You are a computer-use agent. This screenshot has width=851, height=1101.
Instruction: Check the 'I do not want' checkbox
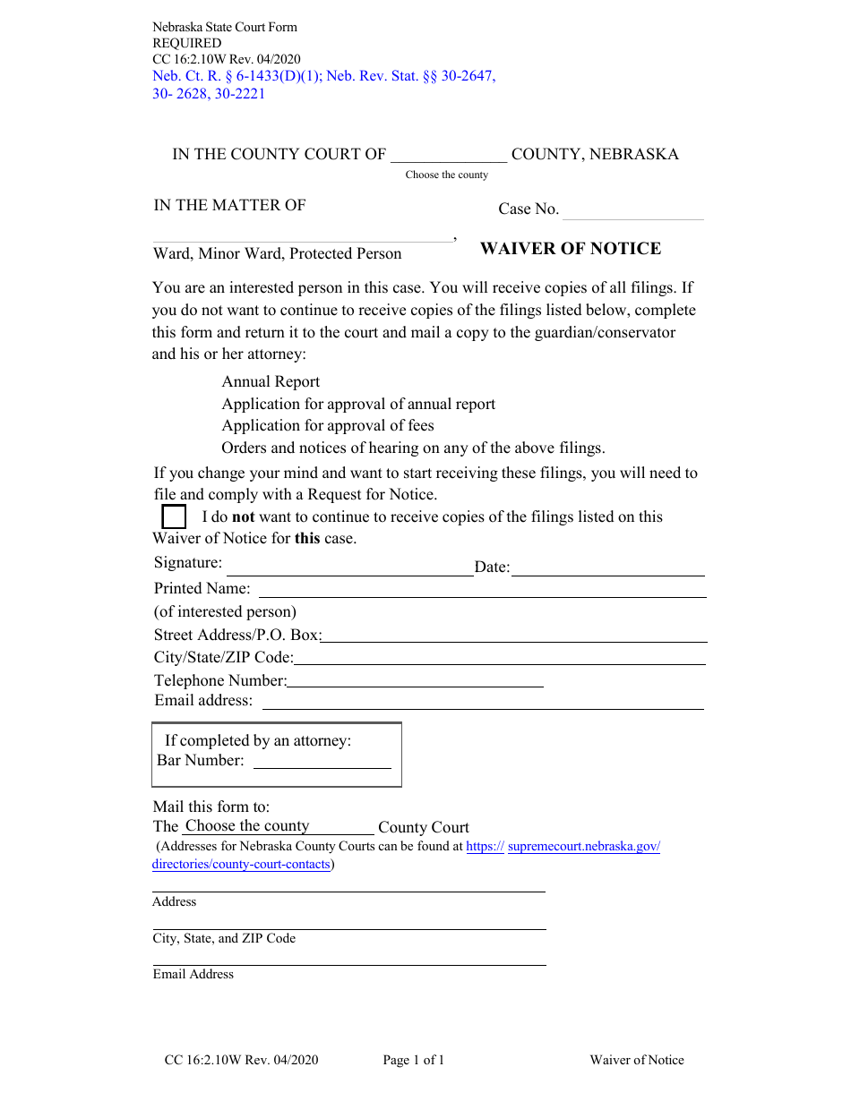(174, 517)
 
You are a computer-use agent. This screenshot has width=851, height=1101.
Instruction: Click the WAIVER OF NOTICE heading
(571, 249)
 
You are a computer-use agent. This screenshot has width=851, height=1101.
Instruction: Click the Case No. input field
(632, 210)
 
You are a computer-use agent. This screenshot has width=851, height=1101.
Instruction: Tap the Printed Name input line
(482, 589)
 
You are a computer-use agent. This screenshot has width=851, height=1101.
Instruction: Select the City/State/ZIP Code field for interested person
(499, 658)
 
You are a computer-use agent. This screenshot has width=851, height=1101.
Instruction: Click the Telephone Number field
(415, 680)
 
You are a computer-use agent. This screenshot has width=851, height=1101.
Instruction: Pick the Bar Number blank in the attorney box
(322, 761)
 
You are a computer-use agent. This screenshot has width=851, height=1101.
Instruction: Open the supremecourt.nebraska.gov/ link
(583, 846)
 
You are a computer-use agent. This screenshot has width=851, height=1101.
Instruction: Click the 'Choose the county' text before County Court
(247, 826)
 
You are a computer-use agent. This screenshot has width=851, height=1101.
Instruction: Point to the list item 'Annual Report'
(271, 381)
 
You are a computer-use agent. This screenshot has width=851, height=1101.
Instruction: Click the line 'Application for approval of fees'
(328, 425)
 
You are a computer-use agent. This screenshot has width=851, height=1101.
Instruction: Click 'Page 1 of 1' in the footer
(413, 1060)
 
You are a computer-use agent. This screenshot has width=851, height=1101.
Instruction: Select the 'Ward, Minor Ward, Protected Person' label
(278, 254)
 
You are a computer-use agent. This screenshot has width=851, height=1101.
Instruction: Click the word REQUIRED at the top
(186, 43)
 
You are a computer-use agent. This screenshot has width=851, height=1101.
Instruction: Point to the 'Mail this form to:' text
(211, 807)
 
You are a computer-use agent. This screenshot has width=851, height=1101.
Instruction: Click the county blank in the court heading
(449, 155)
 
